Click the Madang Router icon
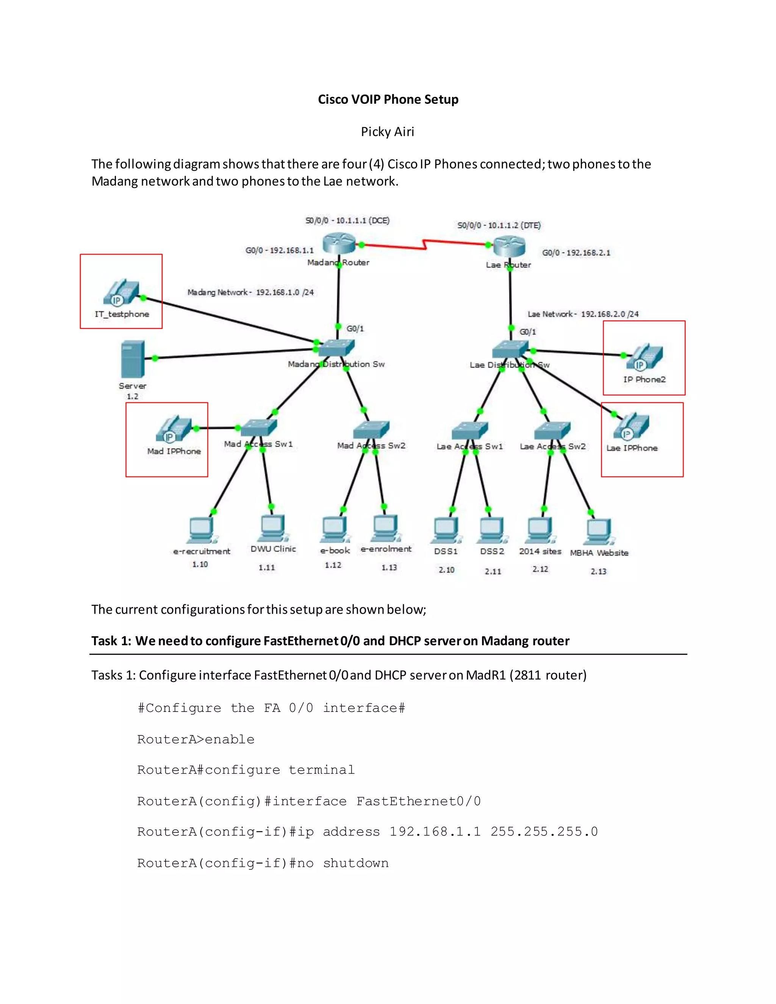[x=339, y=243]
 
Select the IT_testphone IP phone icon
[x=121, y=292]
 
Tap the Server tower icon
[x=133, y=359]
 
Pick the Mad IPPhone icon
[x=173, y=429]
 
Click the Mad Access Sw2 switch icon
[x=371, y=430]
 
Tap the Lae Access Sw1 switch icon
[x=469, y=431]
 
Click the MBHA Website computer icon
[x=599, y=532]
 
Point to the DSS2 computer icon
[x=492, y=530]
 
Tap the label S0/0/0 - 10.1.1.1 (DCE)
[x=347, y=221]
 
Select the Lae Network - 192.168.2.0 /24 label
[x=583, y=314]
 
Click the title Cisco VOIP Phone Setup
[x=388, y=99]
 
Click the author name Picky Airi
[x=388, y=132]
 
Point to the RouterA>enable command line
[x=196, y=740]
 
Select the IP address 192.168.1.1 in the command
[x=435, y=832]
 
